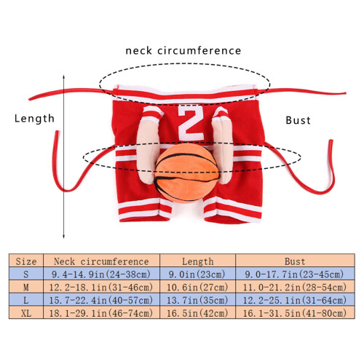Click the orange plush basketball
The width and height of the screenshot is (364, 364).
click(187, 173)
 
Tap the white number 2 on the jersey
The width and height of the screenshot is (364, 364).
click(191, 123)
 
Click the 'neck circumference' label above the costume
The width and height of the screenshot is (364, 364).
click(183, 51)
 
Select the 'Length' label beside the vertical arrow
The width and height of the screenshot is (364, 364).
click(34, 119)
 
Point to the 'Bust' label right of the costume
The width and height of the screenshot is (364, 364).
click(298, 120)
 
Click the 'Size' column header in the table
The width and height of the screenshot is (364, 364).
click(26, 261)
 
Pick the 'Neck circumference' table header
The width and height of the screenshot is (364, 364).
click(101, 261)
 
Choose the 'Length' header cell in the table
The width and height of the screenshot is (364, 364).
click(198, 261)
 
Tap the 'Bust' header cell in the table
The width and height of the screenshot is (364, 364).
click(295, 261)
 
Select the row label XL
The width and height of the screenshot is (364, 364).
click(26, 313)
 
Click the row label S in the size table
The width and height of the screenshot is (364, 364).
click(26, 274)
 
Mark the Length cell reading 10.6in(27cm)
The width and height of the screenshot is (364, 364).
click(197, 288)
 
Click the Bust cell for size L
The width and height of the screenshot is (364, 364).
click(295, 301)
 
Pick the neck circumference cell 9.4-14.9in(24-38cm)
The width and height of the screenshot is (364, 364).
click(101, 274)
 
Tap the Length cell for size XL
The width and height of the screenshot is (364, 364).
click(197, 313)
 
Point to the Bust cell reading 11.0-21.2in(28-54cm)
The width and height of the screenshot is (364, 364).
click(295, 288)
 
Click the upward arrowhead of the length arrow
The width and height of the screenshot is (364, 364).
click(63, 76)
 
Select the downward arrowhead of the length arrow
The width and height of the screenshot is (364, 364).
click(63, 237)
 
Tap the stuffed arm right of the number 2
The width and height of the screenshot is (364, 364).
click(222, 145)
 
